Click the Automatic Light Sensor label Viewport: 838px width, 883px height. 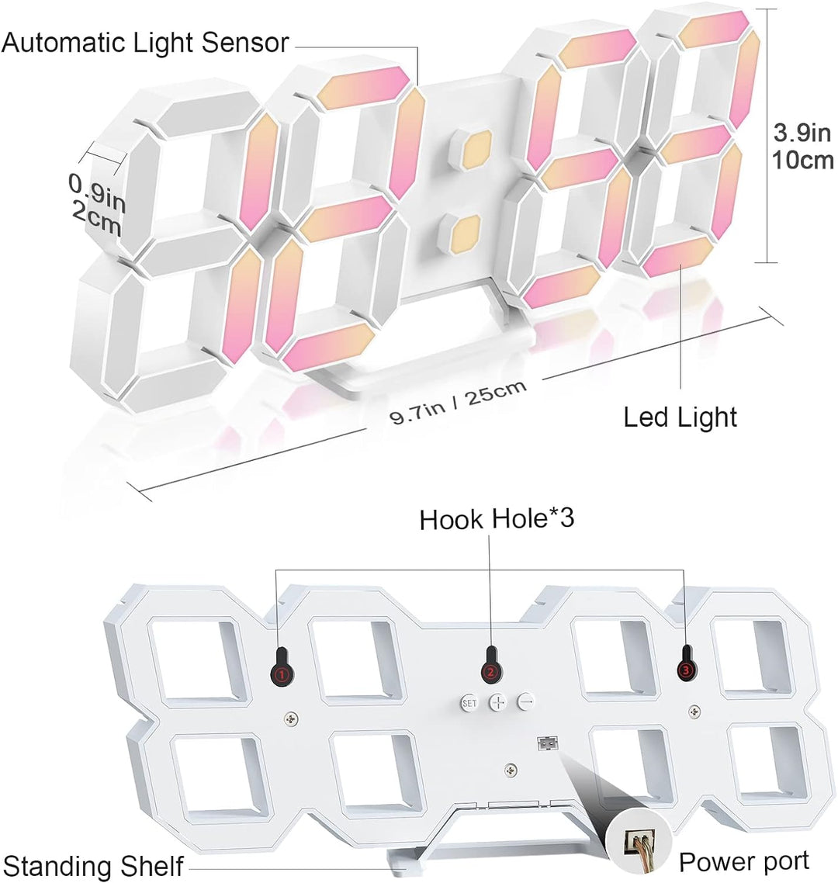point(145,43)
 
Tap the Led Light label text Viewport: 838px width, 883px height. point(680,417)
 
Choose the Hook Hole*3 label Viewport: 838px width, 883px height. point(497,519)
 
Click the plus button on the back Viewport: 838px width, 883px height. point(497,702)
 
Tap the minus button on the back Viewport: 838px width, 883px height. point(526,701)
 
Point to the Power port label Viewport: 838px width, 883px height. point(743,861)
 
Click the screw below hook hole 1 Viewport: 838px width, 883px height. point(291,719)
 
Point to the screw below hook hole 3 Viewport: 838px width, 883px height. point(694,709)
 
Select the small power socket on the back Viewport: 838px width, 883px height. point(545,743)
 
